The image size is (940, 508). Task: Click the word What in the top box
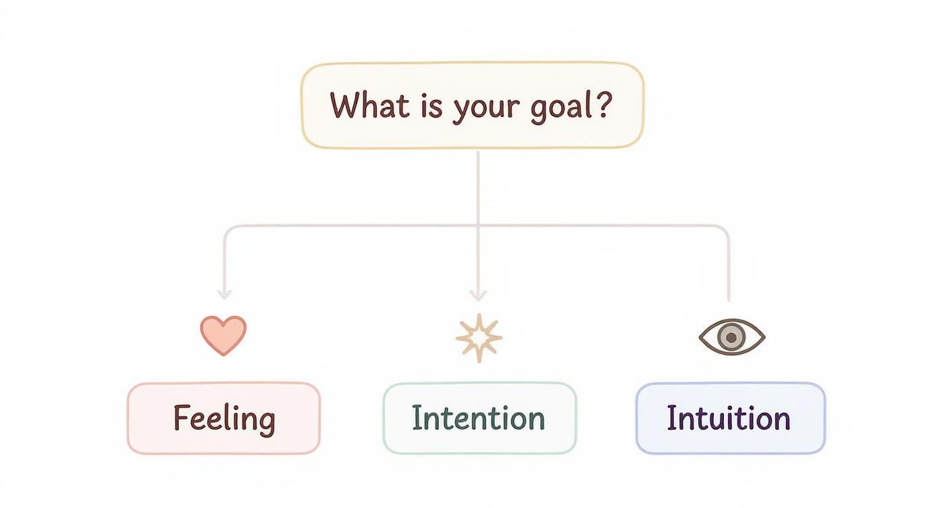click(369, 105)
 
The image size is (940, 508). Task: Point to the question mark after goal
click(603, 104)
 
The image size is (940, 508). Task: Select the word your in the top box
click(486, 110)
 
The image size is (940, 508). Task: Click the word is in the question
click(431, 105)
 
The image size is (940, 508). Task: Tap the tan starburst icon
click(479, 338)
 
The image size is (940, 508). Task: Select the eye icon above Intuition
click(732, 337)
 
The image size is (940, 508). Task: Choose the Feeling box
click(224, 418)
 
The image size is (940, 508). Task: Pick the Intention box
click(479, 418)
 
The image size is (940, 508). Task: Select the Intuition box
click(731, 418)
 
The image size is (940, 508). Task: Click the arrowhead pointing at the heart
click(224, 295)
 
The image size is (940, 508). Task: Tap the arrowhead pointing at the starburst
click(478, 296)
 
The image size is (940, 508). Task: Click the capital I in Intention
click(416, 417)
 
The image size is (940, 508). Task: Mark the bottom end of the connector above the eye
click(729, 300)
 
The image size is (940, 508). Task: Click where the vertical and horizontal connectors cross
click(478, 226)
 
